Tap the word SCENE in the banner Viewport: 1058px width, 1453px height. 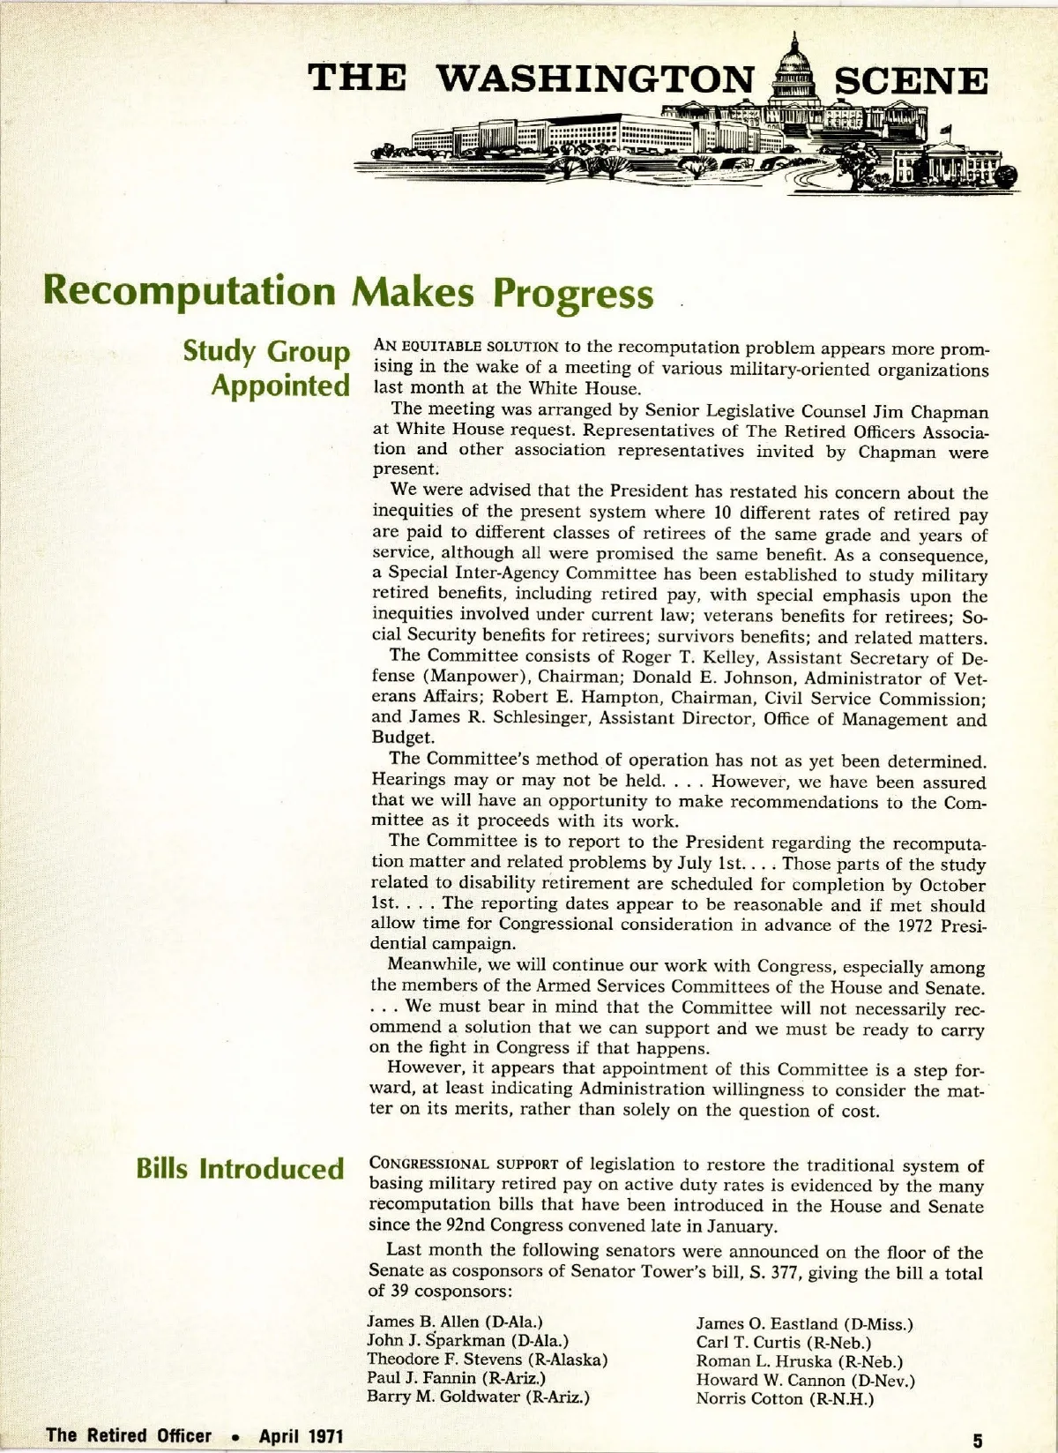[x=911, y=81]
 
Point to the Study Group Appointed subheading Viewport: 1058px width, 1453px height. [x=266, y=368]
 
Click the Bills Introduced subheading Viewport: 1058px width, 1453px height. [x=240, y=1169]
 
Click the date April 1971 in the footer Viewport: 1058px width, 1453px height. [x=301, y=1435]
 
